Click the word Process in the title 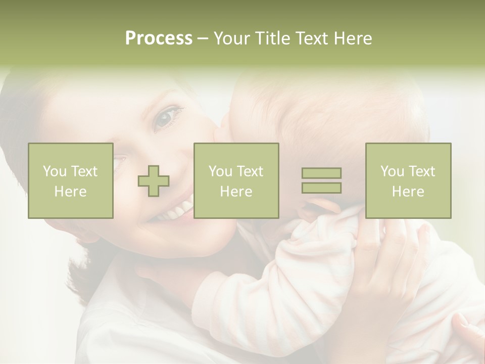point(159,38)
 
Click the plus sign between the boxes point(154,181)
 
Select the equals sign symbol point(321,180)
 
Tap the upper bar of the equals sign point(321,173)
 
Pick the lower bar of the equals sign point(321,188)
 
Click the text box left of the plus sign point(71,180)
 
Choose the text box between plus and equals point(236,180)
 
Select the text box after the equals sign point(408,180)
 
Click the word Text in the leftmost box point(84,171)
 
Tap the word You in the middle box point(221,171)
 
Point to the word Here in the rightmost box point(408,192)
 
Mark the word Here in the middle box point(236,192)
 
